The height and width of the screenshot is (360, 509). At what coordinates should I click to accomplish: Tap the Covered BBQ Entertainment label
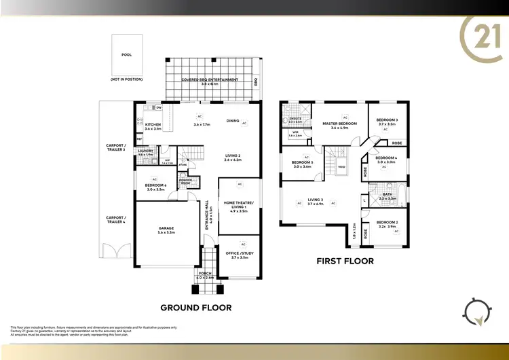click(210, 80)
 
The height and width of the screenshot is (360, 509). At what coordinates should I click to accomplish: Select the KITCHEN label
click(153, 126)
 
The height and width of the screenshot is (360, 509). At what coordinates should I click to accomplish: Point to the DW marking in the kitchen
click(158, 107)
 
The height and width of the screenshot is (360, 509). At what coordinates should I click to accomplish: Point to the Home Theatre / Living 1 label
click(239, 204)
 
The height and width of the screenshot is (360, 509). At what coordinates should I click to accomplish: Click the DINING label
click(233, 121)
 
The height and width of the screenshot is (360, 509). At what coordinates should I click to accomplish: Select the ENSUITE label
click(295, 119)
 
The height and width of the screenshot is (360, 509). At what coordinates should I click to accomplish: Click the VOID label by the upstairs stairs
click(341, 165)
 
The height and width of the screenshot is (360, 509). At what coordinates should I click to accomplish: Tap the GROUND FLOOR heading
click(195, 308)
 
